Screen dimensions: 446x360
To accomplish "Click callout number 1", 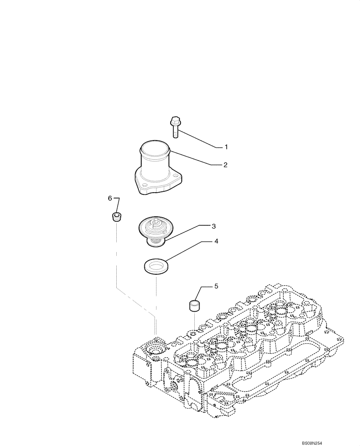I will click(226, 147).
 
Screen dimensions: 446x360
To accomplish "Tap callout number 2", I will click(225, 165).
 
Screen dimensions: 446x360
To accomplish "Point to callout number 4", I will click(216, 241).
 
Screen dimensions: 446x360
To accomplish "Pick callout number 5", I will click(216, 286).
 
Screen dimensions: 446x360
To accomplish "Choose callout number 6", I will click(110, 198).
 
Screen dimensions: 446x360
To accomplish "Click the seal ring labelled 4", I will click(155, 268).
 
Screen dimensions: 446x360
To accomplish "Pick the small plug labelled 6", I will click(117, 217).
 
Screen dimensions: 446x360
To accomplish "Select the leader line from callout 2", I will click(196, 158).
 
